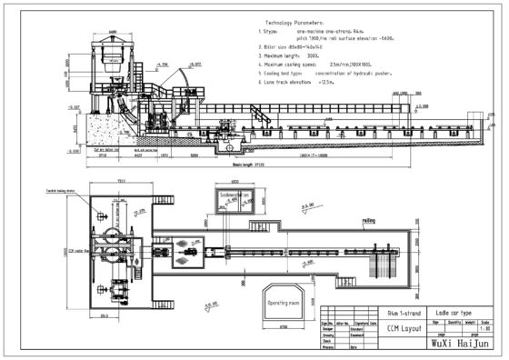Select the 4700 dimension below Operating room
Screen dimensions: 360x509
click(283, 325)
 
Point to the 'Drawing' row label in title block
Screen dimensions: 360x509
click(333, 334)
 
